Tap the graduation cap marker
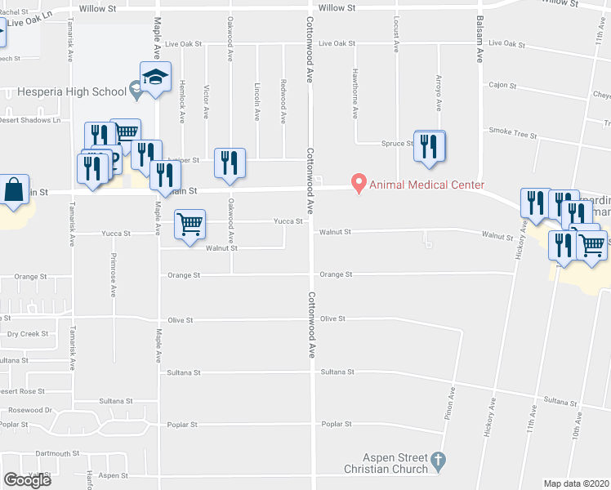(154, 78)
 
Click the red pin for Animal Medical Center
(357, 184)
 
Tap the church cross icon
(438, 462)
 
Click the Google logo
(27, 480)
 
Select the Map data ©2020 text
(577, 483)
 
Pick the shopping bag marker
(14, 191)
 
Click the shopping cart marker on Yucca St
(190, 225)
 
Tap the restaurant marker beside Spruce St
(429, 146)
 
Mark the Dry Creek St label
(28, 333)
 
